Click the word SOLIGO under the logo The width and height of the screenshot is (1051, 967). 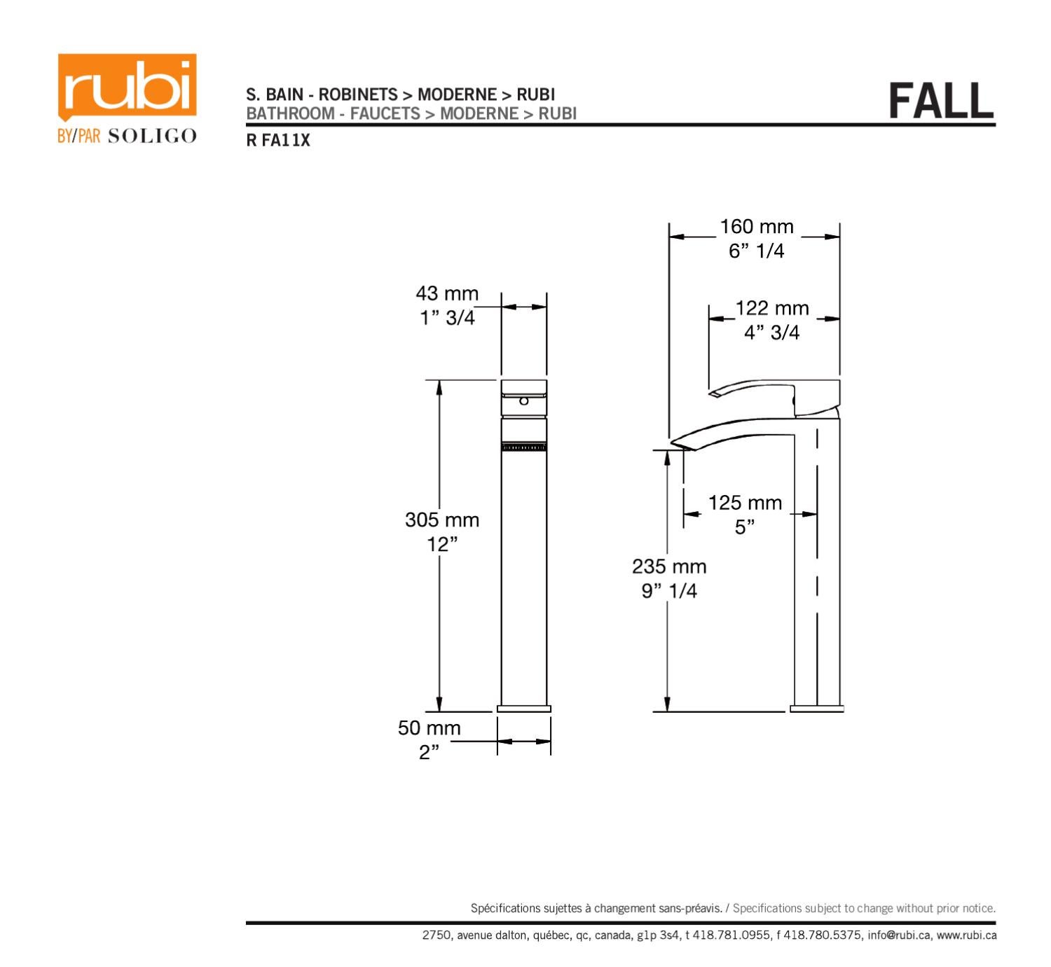tap(152, 136)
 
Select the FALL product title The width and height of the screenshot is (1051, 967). tap(941, 101)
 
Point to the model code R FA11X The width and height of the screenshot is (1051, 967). tap(277, 141)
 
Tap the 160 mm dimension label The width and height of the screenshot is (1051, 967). tap(757, 227)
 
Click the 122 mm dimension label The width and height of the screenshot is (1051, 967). tap(771, 308)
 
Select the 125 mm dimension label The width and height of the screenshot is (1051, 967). tap(745, 503)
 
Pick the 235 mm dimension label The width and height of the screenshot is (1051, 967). tap(669, 566)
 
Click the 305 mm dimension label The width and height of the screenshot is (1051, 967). tap(442, 520)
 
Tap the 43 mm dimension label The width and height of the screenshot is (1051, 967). tap(447, 293)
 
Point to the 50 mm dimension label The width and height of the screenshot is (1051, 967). tap(430, 728)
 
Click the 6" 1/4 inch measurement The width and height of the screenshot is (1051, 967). tap(757, 251)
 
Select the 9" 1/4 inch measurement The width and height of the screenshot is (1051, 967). tap(669, 591)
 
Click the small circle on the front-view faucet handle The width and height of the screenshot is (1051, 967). tap(523, 401)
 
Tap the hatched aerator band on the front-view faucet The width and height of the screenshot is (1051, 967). tap(524, 447)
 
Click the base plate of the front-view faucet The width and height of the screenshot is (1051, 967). tap(524, 709)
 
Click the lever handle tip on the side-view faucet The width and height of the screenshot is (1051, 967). tap(714, 394)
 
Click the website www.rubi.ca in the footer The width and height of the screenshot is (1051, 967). tap(967, 935)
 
